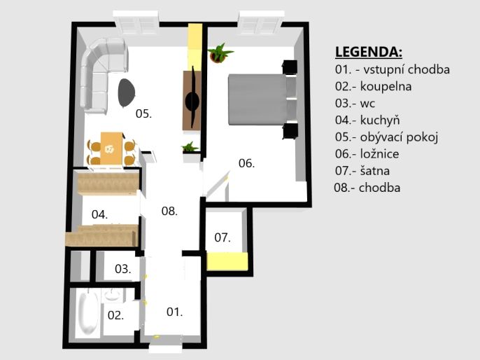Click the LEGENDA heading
[x=369, y=52]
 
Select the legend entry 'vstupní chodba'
[x=407, y=69]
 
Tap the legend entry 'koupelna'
[x=386, y=86]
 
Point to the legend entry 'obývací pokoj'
[x=399, y=137]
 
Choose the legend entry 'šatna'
[x=375, y=171]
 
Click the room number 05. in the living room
[x=143, y=113]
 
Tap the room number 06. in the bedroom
[x=246, y=163]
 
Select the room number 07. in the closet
[x=223, y=237]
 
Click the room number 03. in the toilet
[x=122, y=269]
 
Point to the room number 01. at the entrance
[x=174, y=312]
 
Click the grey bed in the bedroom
[x=262, y=99]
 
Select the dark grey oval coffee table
[x=126, y=93]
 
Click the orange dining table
[x=111, y=149]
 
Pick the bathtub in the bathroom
[x=88, y=312]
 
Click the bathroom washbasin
[x=113, y=296]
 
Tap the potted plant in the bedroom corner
[x=220, y=53]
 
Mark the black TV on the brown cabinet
[x=193, y=97]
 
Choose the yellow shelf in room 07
[x=227, y=261]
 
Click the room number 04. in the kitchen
[x=99, y=214]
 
